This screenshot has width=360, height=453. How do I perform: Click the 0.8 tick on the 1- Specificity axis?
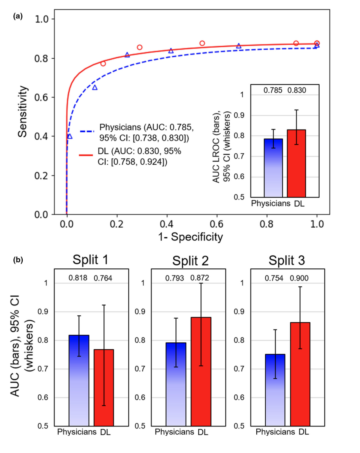[267, 225]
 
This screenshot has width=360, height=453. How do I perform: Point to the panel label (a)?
[18, 16]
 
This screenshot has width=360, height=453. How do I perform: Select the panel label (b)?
[18, 259]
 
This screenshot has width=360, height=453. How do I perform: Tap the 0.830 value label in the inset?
[297, 90]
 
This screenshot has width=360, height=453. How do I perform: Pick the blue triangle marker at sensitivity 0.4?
[70, 136]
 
